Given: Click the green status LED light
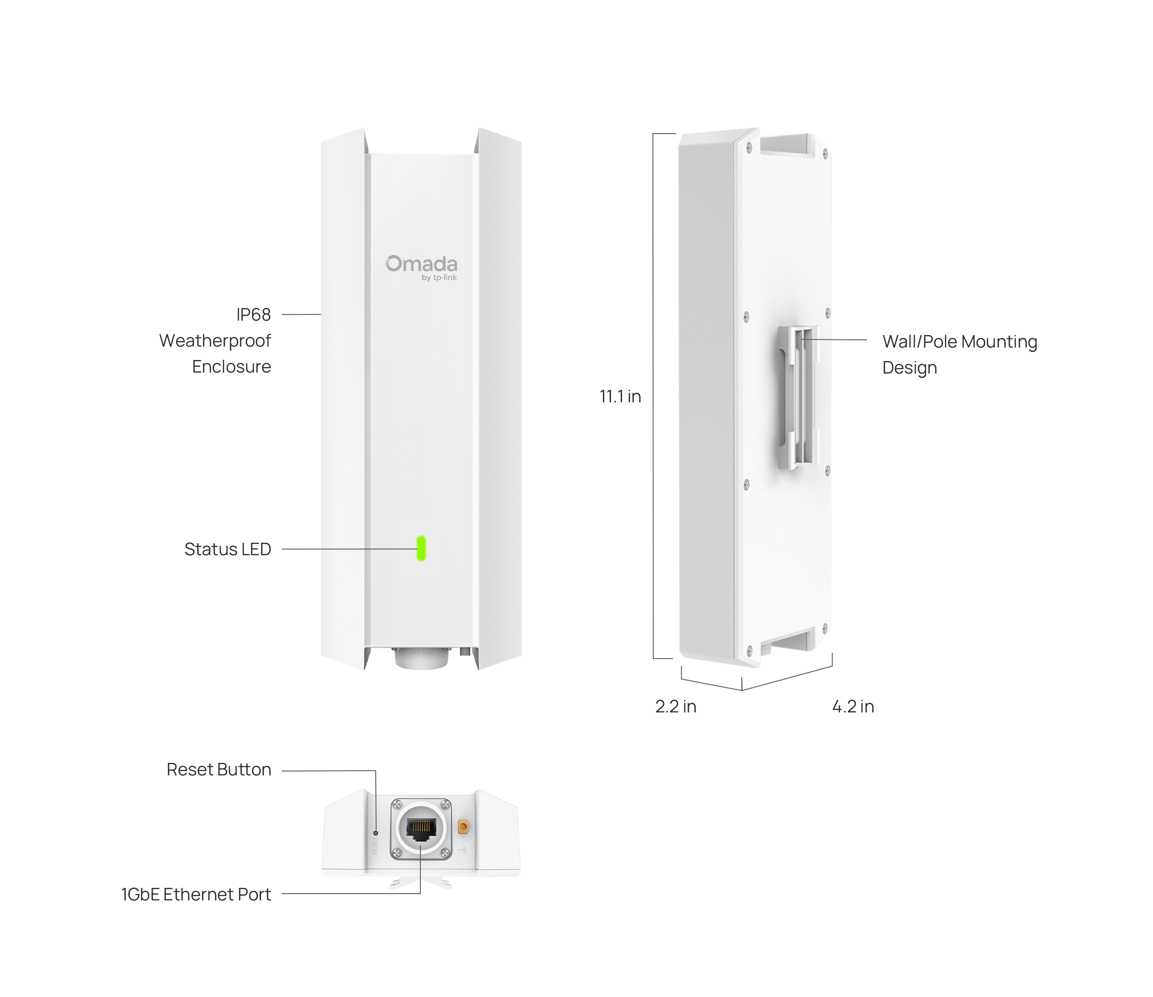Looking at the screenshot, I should [421, 548].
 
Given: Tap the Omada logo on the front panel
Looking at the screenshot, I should [421, 264].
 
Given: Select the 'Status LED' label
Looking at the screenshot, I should [228, 549].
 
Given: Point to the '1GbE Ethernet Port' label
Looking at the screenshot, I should [196, 894].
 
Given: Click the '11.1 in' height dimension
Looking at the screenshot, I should [620, 397].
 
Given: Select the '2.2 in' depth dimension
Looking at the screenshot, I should [675, 707].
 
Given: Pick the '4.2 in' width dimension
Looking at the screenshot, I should [853, 707].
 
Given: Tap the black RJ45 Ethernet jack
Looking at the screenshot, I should [420, 828].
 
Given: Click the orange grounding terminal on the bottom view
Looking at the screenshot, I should [463, 827].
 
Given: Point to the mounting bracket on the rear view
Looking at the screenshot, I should [799, 397].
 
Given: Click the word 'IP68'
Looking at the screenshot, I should [253, 314].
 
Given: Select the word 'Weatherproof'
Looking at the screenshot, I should [215, 341].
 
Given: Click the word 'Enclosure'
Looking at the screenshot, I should [232, 367].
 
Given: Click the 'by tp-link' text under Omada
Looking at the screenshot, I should [439, 277].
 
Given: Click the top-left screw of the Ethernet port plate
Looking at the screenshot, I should [397, 804].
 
